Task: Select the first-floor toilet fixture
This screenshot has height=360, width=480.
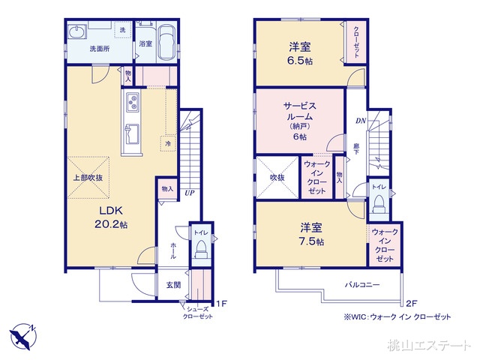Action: [x=200, y=251]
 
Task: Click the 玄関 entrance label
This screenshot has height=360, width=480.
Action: [x=172, y=285]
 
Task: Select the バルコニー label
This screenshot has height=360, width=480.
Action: [x=362, y=285]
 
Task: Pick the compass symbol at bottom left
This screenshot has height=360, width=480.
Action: [x=22, y=334]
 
